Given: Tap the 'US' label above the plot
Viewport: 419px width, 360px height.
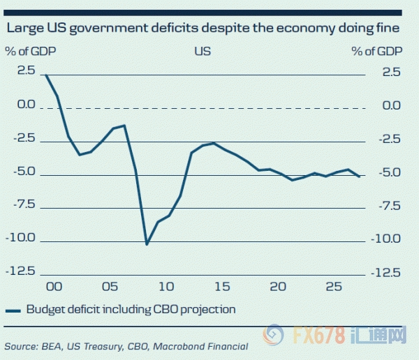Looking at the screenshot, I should (x=203, y=52).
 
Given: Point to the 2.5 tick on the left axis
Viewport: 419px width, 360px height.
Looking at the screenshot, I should (x=26, y=71).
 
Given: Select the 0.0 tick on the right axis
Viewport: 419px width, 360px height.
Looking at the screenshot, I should (x=391, y=105).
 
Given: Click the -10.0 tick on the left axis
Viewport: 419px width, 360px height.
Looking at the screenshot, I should (x=22, y=238).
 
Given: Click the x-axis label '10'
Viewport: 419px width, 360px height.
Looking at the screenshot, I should (x=166, y=287).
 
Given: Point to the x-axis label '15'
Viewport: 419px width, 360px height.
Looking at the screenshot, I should (x=221, y=287).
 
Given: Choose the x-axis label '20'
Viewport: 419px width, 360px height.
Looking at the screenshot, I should (x=278, y=287).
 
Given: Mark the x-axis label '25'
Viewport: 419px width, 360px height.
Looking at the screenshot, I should (x=334, y=287).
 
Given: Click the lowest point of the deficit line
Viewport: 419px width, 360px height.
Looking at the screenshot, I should (x=147, y=244).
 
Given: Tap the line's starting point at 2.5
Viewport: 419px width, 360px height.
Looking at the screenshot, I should (x=46, y=75).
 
